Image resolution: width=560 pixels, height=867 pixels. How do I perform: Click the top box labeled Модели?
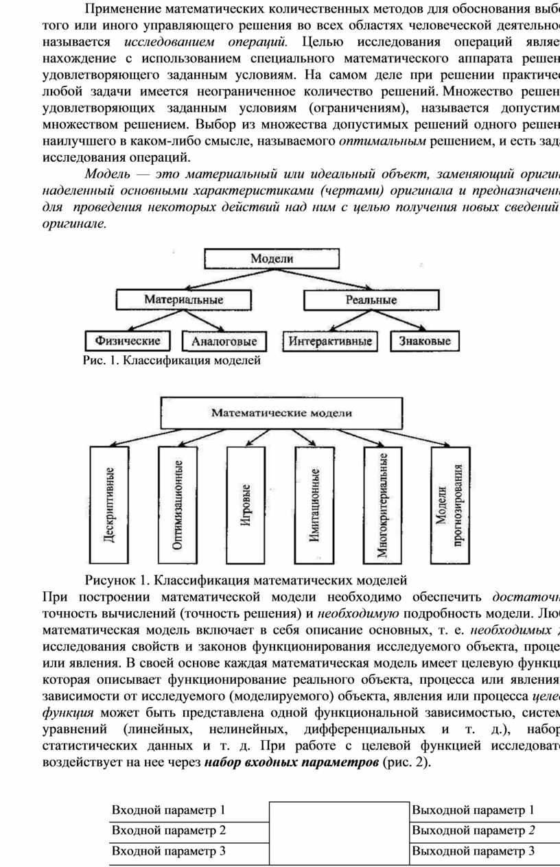(x=272, y=259)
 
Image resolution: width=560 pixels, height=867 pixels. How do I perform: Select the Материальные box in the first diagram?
(x=183, y=300)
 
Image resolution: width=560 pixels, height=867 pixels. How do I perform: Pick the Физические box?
(x=128, y=341)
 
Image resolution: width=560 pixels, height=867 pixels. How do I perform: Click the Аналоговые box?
(x=224, y=341)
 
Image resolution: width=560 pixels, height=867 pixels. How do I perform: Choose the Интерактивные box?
(x=330, y=341)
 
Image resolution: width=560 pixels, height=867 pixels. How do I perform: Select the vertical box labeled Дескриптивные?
(x=109, y=505)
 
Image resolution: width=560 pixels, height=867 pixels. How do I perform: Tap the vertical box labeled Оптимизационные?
(x=177, y=505)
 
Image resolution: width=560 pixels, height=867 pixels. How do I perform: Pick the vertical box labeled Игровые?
(x=245, y=505)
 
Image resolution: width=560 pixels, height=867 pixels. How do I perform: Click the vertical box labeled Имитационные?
(x=314, y=505)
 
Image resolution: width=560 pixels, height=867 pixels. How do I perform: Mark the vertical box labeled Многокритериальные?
(x=382, y=505)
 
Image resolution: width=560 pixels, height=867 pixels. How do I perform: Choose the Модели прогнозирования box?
(x=451, y=505)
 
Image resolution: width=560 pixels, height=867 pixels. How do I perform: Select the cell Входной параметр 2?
(x=189, y=831)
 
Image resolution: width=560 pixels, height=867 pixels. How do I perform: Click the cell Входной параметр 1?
(x=189, y=810)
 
